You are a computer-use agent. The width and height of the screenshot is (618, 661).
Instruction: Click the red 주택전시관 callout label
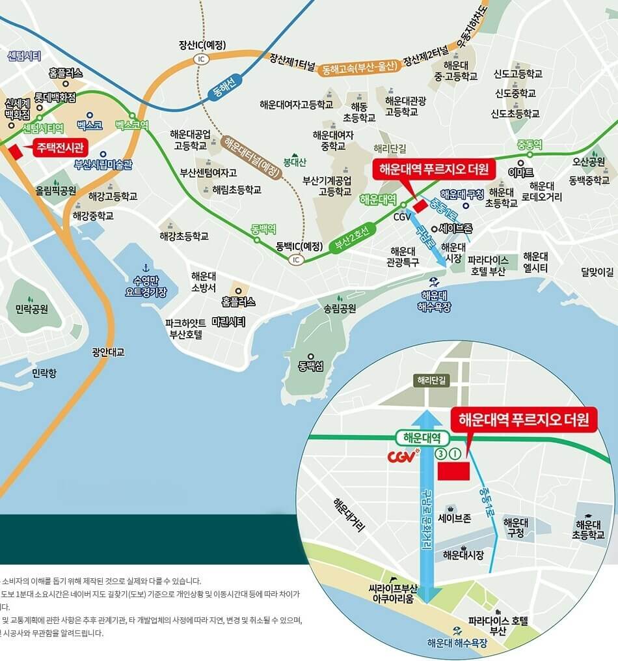click(x=60, y=147)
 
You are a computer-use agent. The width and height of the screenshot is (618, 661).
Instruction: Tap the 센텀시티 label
click(x=24, y=56)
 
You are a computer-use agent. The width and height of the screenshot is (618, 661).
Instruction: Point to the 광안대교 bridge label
click(x=108, y=352)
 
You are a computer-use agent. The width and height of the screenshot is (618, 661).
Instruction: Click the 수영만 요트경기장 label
click(x=146, y=287)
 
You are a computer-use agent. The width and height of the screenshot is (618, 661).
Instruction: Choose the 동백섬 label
click(x=311, y=366)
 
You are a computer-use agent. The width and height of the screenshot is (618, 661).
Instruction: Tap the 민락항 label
click(x=44, y=373)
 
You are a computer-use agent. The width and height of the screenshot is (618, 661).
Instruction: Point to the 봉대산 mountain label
click(x=294, y=161)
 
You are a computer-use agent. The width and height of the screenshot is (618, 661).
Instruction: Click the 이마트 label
click(x=521, y=172)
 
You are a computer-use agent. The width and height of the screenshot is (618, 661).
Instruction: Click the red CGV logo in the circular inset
click(x=401, y=456)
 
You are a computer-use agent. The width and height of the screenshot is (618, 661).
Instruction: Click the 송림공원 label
click(x=340, y=307)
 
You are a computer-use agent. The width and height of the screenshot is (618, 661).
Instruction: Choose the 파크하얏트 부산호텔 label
click(x=186, y=329)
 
